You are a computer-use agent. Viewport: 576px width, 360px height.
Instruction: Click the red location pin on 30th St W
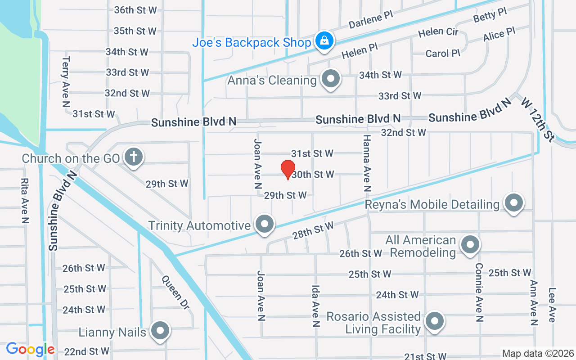click(x=288, y=169)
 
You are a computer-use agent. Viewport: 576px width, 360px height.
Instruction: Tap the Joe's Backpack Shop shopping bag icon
click(x=324, y=41)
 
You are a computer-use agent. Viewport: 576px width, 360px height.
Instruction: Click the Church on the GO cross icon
click(x=134, y=157)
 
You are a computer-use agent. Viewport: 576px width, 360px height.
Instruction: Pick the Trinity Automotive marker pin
click(x=265, y=224)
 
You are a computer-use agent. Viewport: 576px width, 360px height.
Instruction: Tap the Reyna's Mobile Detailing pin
click(x=513, y=203)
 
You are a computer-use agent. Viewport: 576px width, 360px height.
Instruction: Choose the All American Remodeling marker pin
click(x=471, y=245)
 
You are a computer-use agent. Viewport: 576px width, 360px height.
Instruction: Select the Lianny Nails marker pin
click(x=160, y=331)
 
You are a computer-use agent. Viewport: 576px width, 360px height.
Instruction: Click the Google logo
click(x=30, y=349)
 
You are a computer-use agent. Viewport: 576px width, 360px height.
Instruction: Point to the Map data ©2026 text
click(x=538, y=354)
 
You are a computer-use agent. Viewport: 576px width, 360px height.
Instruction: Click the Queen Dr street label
click(x=175, y=292)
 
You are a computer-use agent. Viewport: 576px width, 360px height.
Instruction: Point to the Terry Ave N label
click(x=66, y=81)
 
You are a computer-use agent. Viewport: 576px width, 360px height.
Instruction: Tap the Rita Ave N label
click(x=25, y=200)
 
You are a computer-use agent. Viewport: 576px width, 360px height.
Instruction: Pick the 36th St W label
click(x=135, y=10)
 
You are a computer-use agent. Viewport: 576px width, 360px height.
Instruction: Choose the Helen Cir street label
click(x=438, y=33)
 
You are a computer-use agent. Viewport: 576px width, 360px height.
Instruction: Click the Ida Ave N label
click(x=316, y=306)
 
